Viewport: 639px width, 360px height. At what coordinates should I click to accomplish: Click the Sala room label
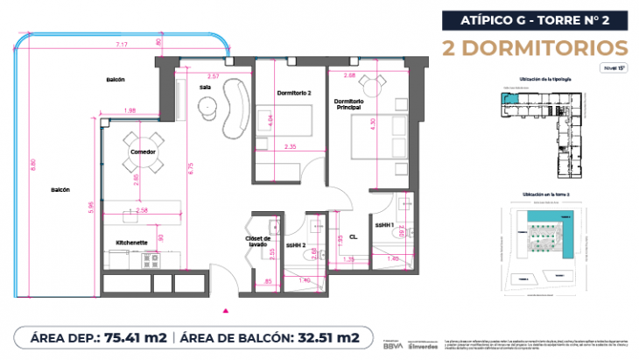point(205,88)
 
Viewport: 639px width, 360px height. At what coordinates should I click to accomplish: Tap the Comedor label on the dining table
point(144,152)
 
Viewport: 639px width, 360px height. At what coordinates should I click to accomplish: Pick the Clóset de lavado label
point(259,242)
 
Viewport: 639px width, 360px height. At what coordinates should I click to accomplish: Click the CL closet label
point(353,236)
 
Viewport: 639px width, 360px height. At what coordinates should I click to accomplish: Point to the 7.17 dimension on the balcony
point(117,44)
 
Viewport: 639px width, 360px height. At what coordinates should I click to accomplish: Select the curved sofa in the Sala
point(235,100)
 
